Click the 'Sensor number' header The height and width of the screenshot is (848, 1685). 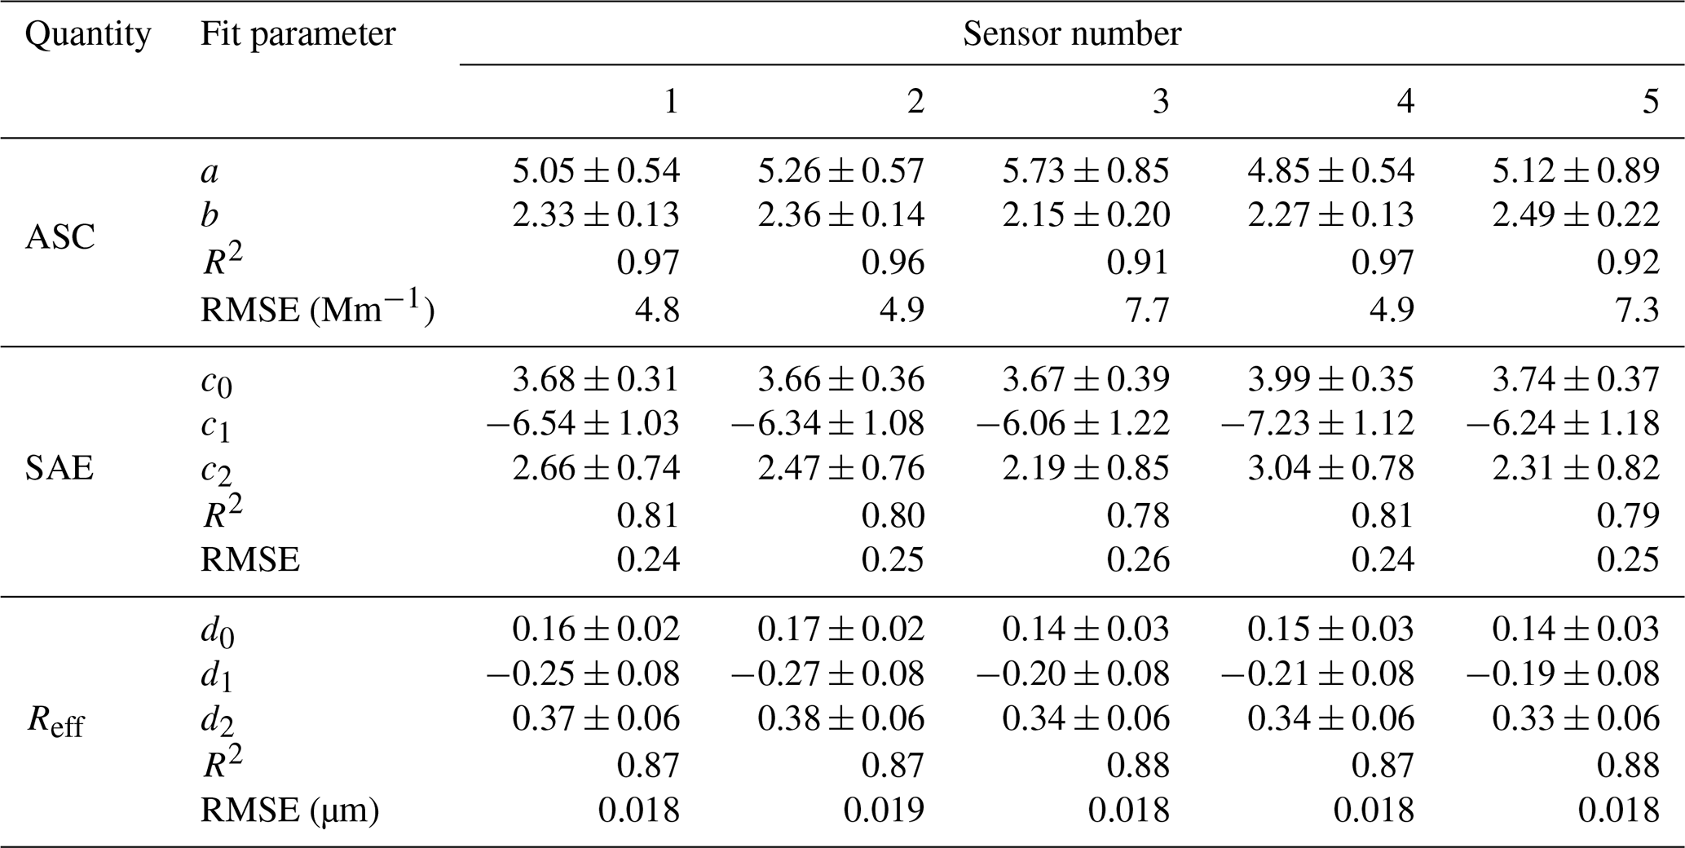coord(1071,34)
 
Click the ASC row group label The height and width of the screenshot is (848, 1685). coord(60,238)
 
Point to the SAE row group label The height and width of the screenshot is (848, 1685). coord(60,469)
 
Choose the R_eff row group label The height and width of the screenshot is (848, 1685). coord(55,722)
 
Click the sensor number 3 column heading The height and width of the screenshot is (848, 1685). coord(1160,101)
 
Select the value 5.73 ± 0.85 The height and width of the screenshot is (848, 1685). coord(1086,170)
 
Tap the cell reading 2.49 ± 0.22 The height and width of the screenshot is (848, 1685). coord(1576,214)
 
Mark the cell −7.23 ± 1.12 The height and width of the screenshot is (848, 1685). coord(1317,423)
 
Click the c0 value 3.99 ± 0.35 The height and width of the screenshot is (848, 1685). coord(1331,379)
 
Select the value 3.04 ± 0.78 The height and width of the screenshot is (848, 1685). coord(1331,469)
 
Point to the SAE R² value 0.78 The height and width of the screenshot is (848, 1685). coord(1138,515)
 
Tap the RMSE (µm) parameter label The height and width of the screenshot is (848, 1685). coord(289,810)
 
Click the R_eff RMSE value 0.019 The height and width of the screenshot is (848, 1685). coord(884,810)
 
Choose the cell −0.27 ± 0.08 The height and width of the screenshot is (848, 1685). coord(827,674)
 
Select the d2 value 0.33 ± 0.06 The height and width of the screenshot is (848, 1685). coord(1576,718)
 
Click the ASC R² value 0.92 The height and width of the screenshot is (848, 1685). coord(1628,263)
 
